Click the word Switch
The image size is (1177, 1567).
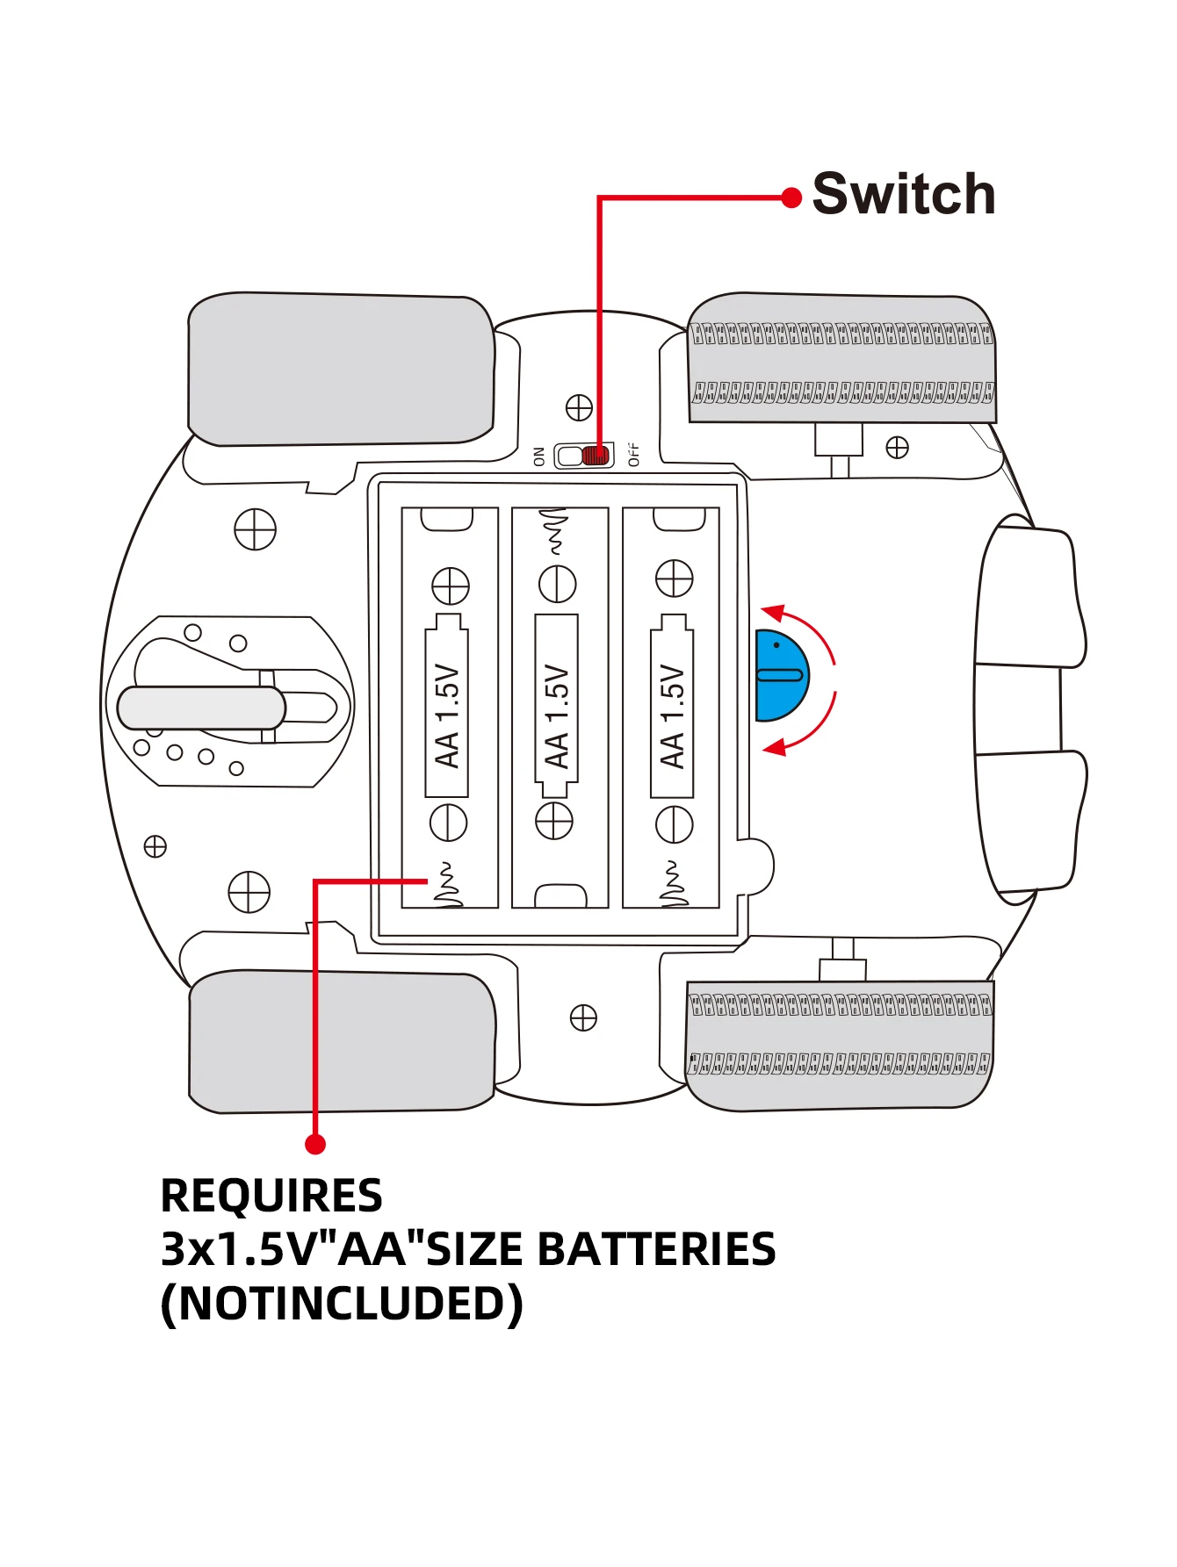pyautogui.click(x=904, y=194)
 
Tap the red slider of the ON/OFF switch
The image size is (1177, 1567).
pyautogui.click(x=596, y=456)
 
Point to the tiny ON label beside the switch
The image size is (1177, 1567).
pyautogui.click(x=539, y=456)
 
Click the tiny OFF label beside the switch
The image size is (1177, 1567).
pyautogui.click(x=634, y=455)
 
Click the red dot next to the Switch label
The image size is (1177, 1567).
pyautogui.click(x=791, y=198)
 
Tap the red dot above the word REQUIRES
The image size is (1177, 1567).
pyautogui.click(x=315, y=1144)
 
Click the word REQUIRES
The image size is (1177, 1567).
pyautogui.click(x=271, y=1196)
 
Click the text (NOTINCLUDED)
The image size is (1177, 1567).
pyautogui.click(x=342, y=1304)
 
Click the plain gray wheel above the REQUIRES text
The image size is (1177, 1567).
pyautogui.click(x=342, y=1042)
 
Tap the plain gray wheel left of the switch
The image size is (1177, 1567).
pyautogui.click(x=341, y=370)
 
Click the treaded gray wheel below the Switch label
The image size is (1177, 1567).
pyautogui.click(x=841, y=359)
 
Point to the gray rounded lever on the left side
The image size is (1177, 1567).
pyautogui.click(x=201, y=708)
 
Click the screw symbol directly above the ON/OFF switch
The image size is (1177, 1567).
pyautogui.click(x=579, y=408)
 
